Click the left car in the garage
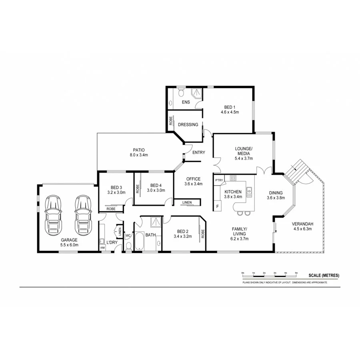click(x=53, y=215)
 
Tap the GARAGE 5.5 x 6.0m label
click(x=69, y=242)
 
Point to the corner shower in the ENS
click(x=197, y=93)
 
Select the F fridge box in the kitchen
click(x=218, y=206)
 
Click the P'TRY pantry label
click(x=218, y=180)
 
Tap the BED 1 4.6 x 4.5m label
click(x=230, y=110)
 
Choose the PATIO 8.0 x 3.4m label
click(x=138, y=152)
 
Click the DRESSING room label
click(x=188, y=124)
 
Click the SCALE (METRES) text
click(x=324, y=275)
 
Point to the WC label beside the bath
click(x=128, y=236)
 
